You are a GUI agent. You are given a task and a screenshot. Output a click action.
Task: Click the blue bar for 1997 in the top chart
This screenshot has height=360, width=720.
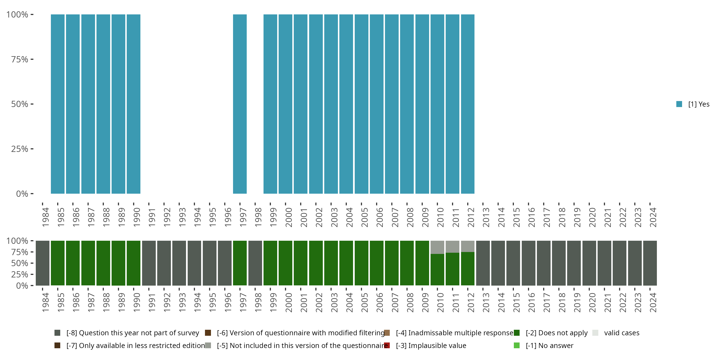[x=240, y=104]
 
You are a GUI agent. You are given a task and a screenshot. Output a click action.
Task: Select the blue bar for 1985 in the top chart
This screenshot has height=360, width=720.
[x=58, y=104]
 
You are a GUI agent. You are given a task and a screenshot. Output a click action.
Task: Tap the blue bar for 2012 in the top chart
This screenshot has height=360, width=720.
[x=468, y=104]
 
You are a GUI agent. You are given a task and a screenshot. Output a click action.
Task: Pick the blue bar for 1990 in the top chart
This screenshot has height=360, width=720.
[x=134, y=104]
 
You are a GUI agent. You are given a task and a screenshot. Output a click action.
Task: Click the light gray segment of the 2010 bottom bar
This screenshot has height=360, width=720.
[x=437, y=247]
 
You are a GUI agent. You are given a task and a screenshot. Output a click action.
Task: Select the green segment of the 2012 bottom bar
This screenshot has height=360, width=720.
[x=468, y=269]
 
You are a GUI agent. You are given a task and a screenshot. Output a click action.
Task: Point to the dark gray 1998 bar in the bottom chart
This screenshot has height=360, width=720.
[x=255, y=263]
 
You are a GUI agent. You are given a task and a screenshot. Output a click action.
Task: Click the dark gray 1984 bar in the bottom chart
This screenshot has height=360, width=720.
[x=42, y=263]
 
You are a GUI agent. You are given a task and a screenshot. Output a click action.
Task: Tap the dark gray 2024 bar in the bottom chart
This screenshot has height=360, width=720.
[x=650, y=263]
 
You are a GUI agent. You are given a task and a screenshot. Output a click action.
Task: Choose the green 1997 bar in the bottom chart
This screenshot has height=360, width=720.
[x=240, y=263]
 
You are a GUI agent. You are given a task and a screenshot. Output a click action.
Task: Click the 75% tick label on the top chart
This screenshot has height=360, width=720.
[x=20, y=59]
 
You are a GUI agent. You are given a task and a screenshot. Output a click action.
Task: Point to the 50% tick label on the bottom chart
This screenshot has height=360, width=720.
[x=20, y=263]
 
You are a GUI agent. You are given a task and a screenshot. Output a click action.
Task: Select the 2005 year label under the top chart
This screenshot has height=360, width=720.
[x=365, y=217]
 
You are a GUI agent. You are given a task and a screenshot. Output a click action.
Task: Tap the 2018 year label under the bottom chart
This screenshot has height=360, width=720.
[x=562, y=302]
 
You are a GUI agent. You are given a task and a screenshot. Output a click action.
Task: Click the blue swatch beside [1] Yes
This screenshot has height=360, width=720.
[x=679, y=104]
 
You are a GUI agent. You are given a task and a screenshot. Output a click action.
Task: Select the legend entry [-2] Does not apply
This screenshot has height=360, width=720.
[x=557, y=333]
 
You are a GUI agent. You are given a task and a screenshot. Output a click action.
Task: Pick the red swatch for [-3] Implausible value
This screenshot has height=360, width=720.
[x=387, y=345]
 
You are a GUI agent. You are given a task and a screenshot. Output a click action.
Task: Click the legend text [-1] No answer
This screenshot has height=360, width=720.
[x=549, y=345]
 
